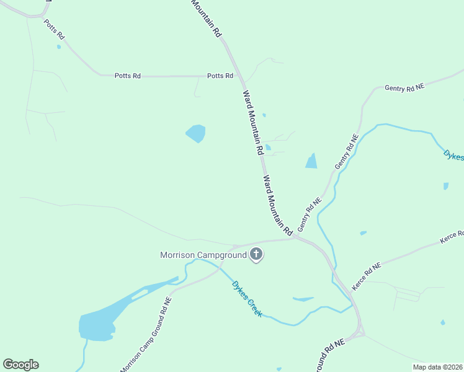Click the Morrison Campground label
203,255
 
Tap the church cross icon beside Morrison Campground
256,254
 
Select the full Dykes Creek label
247,299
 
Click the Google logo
20,365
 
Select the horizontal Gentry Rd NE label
404,88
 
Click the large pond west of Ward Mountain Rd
196,133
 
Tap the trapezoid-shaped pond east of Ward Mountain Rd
311,161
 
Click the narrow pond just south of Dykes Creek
303,299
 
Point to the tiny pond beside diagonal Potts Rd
59,46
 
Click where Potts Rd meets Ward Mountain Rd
239,76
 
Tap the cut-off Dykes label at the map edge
454,154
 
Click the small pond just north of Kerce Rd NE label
363,233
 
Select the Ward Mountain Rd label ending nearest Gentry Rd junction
277,205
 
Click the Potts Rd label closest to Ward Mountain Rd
220,76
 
